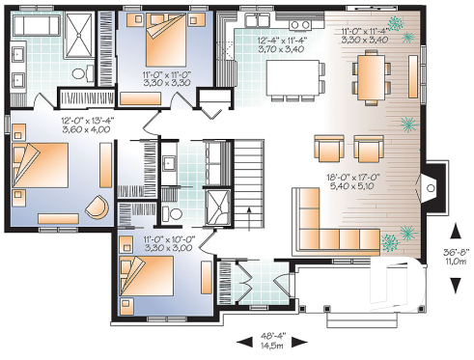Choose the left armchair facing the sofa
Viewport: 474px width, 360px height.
tap(328, 149)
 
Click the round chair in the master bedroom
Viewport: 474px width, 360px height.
tap(96, 207)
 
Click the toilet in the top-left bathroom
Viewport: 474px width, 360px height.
tap(83, 70)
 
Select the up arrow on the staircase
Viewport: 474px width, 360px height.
tap(248, 218)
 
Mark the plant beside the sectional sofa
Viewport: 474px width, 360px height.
tap(393, 242)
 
